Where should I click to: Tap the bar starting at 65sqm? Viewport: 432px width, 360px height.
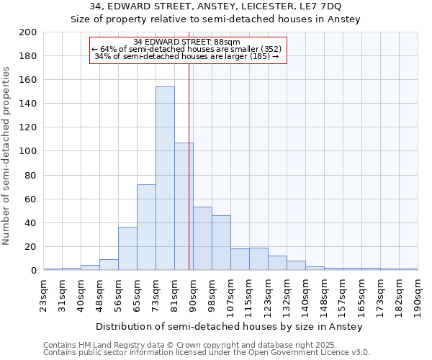(x=146, y=228)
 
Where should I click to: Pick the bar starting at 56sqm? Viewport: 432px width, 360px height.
(x=127, y=248)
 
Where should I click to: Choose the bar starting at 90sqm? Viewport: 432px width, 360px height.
(x=202, y=238)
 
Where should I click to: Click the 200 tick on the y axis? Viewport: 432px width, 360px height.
(x=28, y=32)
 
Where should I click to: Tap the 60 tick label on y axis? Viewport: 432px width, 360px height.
(x=31, y=199)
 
